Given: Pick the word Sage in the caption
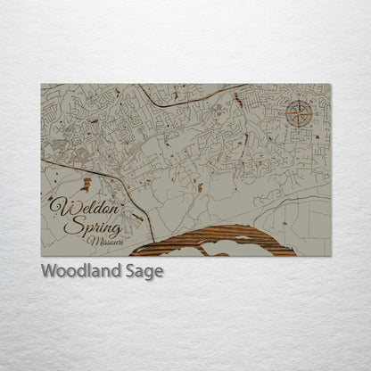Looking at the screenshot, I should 144,272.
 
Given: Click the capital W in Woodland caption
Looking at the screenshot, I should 49,272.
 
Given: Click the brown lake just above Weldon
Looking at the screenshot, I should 86,184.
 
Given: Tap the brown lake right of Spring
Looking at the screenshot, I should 136,217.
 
